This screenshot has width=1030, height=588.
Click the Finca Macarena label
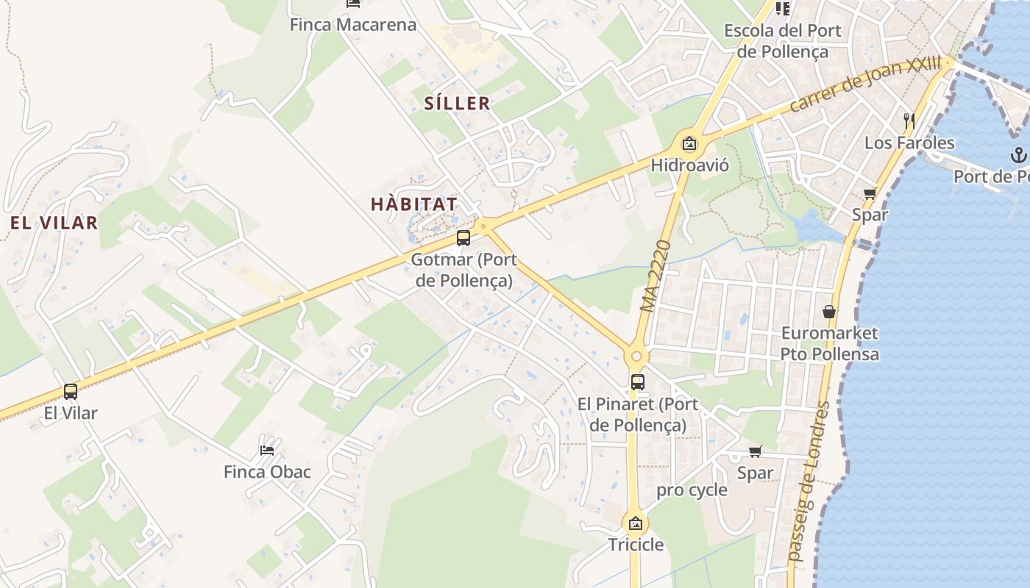[352, 24]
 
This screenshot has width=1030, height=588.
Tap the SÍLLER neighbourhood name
[457, 103]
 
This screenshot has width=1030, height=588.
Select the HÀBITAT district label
[414, 204]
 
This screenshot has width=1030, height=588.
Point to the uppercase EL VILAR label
[54, 223]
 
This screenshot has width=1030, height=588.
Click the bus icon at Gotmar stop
[463, 237]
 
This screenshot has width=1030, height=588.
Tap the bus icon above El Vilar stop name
[71, 391]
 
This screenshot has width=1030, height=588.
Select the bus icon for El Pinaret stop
[637, 381]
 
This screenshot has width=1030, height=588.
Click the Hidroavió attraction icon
[689, 143]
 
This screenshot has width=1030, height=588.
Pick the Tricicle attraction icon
[636, 523]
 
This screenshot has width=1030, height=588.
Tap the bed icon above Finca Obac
[267, 450]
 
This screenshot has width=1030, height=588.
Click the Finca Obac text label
[267, 472]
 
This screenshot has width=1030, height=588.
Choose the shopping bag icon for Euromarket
[829, 312]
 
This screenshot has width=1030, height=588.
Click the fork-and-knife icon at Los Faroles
[909, 120]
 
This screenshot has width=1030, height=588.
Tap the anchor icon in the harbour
[1018, 154]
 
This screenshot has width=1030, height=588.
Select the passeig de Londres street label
[808, 481]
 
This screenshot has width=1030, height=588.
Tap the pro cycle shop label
[692, 490]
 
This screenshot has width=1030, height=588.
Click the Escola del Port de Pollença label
[783, 41]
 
